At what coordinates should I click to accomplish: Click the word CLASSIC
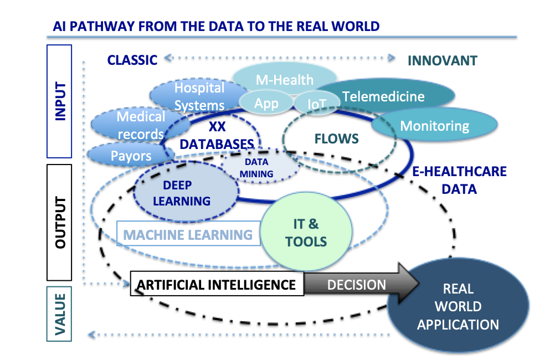pos(132,60)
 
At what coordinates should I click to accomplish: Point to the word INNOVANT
pos(442,60)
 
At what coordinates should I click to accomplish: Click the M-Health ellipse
pos(284,79)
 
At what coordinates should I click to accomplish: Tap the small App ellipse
pos(266,103)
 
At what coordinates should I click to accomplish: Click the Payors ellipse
pos(129,155)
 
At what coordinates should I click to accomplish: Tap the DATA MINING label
pos(256,168)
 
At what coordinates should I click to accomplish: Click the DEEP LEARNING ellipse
pos(182,193)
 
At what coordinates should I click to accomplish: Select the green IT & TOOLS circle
pos(305,232)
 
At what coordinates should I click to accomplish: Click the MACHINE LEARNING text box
pos(188,234)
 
